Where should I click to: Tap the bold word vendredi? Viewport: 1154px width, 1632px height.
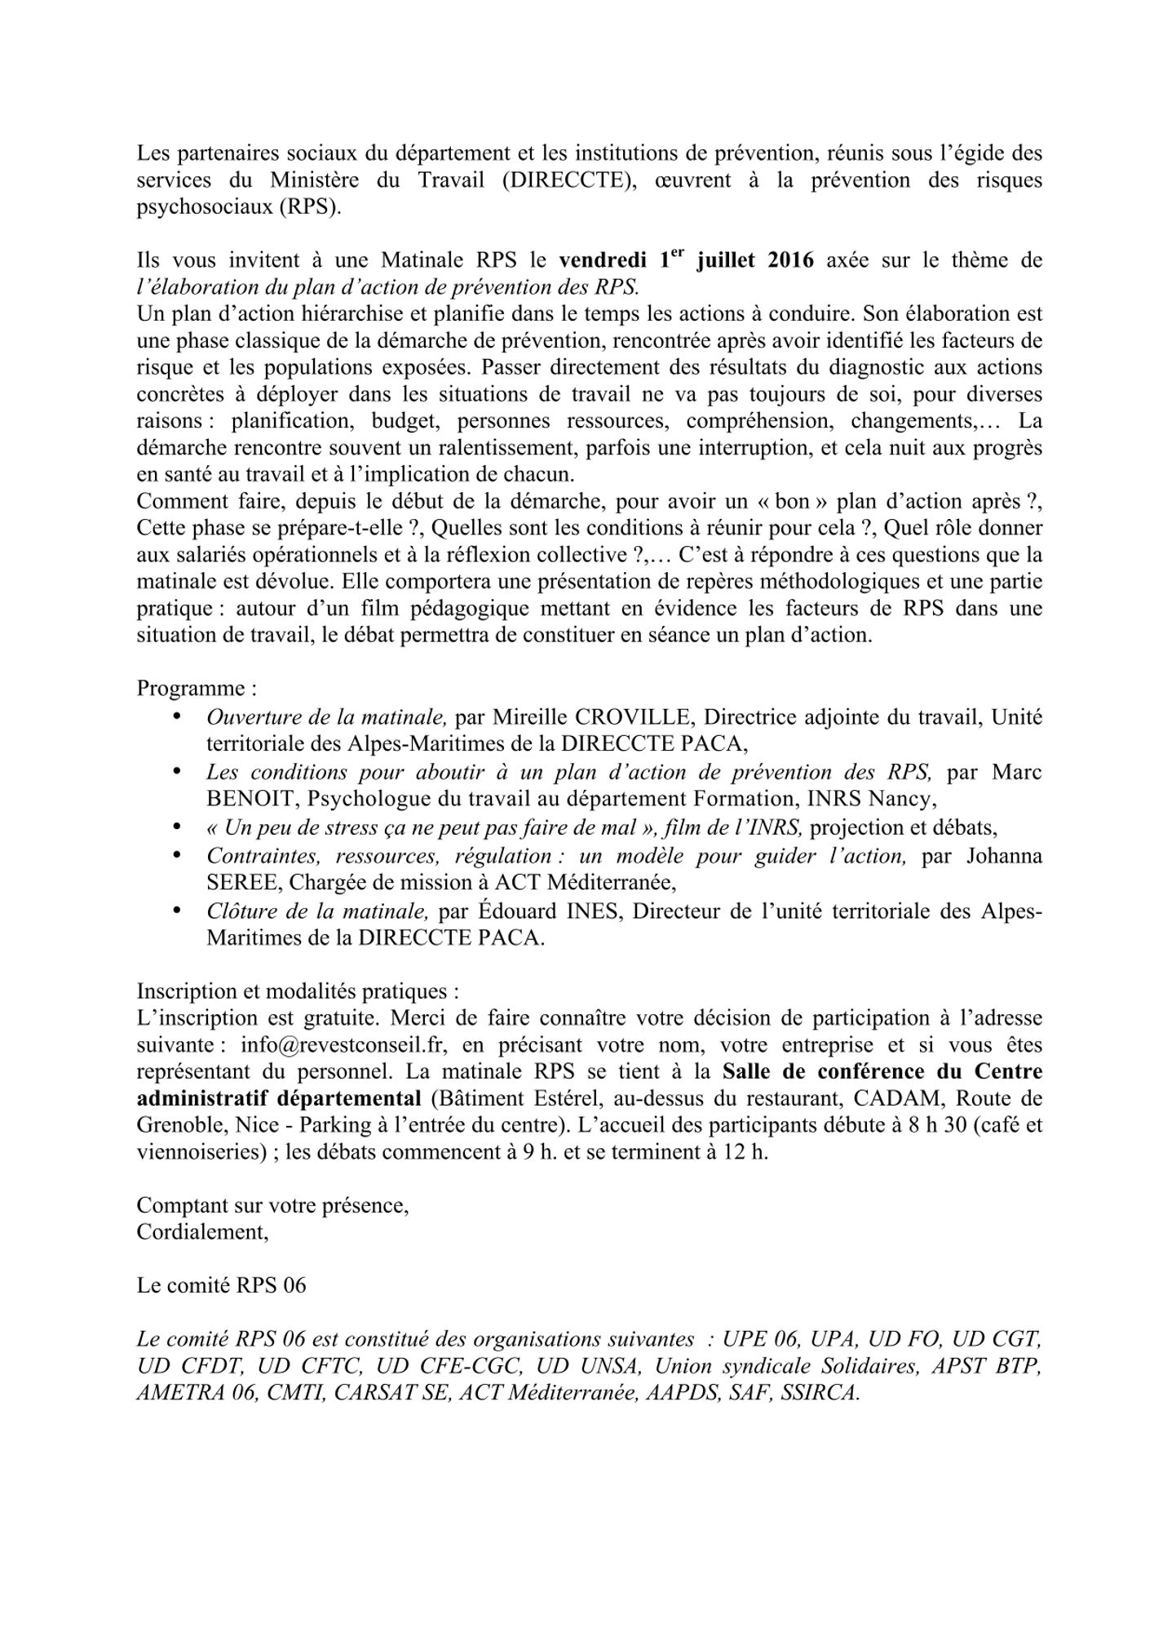click(x=603, y=261)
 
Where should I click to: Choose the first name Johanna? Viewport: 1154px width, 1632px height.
click(x=1004, y=856)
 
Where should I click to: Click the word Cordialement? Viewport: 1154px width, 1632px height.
click(x=201, y=1232)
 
